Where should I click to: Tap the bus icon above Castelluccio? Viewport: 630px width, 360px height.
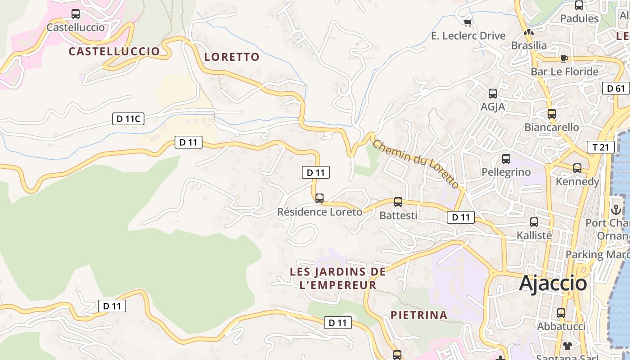point(76,14)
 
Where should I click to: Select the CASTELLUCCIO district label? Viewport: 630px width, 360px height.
point(114,51)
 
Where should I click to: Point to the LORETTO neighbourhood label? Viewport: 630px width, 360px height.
point(232,57)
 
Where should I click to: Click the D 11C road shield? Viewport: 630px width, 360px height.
point(128,119)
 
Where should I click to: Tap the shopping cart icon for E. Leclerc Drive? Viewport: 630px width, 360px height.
point(468,22)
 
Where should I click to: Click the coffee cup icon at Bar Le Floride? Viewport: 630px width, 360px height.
point(564,58)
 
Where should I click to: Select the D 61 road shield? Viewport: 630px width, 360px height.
point(616,88)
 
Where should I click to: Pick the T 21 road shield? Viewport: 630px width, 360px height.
point(600,147)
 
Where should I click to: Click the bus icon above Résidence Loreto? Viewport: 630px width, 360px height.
point(319,198)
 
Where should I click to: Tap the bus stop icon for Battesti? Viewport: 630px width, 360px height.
point(398,202)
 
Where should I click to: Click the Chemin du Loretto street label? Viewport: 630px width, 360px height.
point(416,164)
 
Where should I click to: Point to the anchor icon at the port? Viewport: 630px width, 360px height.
point(616,210)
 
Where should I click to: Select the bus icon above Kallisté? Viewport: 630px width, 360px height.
point(534,222)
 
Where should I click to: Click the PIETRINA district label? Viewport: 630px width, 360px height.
point(419,315)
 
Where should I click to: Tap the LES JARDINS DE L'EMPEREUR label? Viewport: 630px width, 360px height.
point(337,278)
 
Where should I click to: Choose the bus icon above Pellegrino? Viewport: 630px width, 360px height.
point(506,159)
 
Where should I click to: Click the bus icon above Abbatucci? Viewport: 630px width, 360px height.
point(561,313)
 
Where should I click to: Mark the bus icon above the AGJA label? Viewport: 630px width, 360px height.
point(493,94)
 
